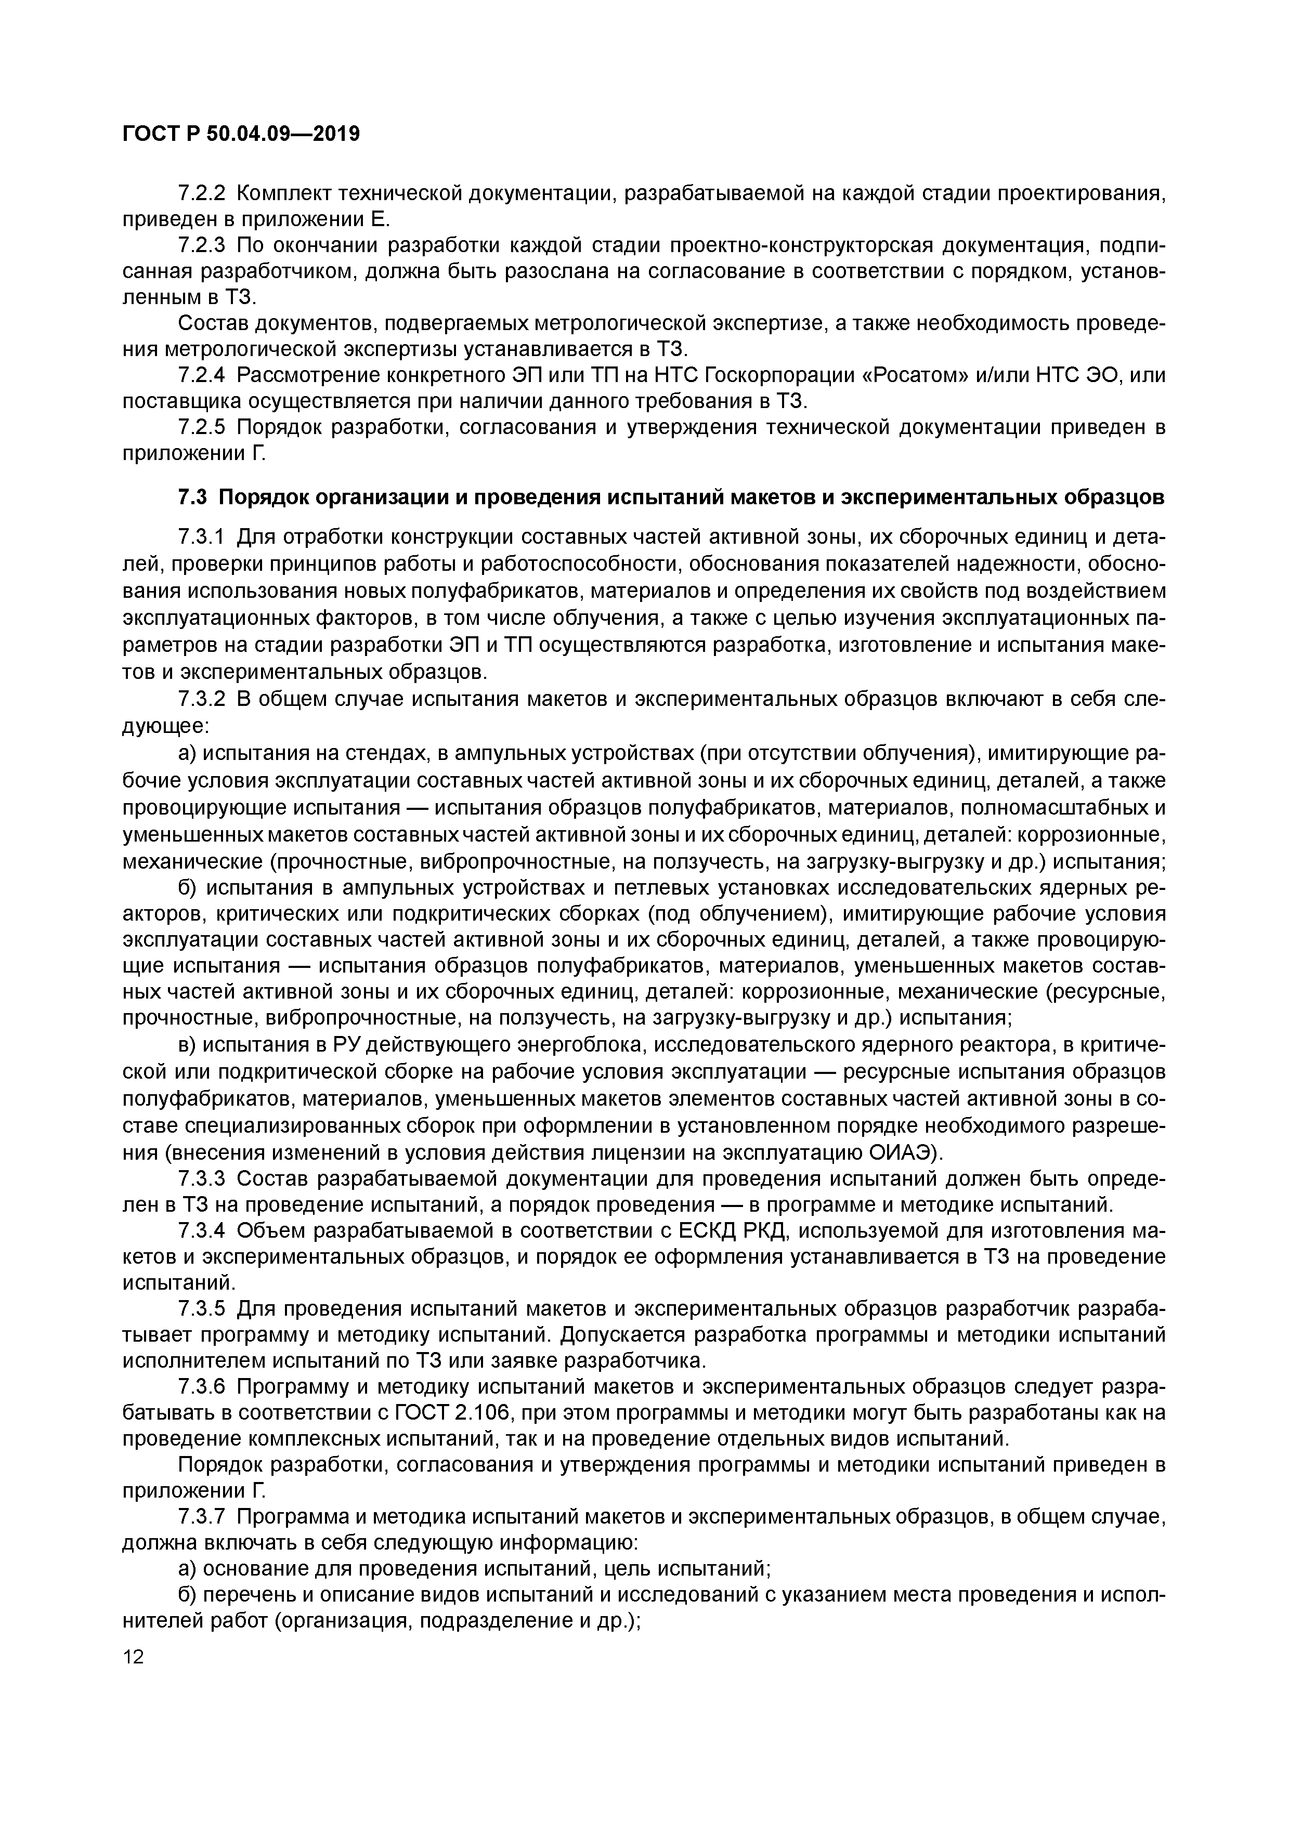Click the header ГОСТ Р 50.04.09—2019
pos(241,134)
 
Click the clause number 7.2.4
pos(202,375)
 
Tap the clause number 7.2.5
pos(202,428)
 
